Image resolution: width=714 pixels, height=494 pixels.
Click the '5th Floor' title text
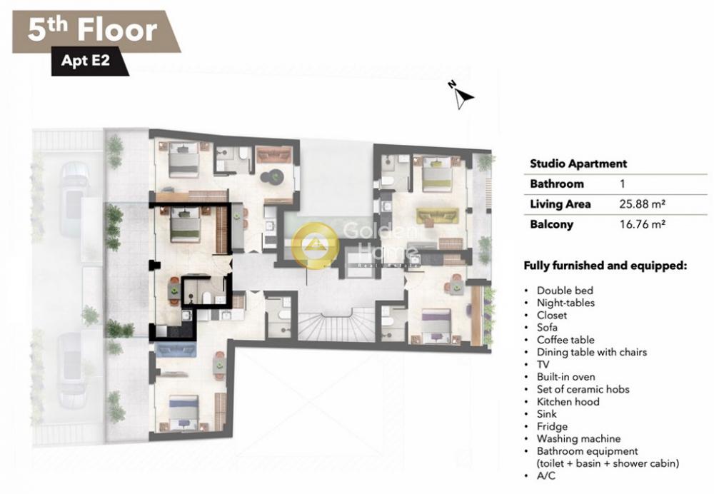pos(92,30)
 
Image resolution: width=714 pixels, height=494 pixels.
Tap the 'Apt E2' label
pos(86,60)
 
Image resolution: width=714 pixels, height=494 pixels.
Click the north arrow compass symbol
pos(462,95)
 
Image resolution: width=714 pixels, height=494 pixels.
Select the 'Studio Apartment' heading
pos(578,163)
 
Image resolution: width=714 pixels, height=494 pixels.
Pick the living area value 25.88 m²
pos(642,204)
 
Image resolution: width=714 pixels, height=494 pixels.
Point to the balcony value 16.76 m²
pos(643,224)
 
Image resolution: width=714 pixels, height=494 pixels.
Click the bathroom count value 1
pos(623,184)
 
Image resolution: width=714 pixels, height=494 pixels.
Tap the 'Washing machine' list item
pos(578,439)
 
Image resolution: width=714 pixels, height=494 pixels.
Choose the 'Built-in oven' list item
pos(565,377)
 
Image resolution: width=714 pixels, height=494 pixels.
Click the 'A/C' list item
pos(546,475)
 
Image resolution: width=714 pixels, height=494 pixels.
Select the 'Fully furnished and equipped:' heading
pos(605,266)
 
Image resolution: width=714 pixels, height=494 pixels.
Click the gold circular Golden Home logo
pos(315,245)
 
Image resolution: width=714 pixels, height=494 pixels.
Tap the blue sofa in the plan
pos(176,350)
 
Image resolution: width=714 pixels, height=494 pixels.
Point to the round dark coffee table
pos(276,176)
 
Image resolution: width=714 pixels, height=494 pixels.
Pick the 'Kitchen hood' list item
pos(568,402)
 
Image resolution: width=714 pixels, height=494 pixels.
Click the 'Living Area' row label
pos(560,204)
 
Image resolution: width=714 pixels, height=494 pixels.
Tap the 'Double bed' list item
pos(565,291)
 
